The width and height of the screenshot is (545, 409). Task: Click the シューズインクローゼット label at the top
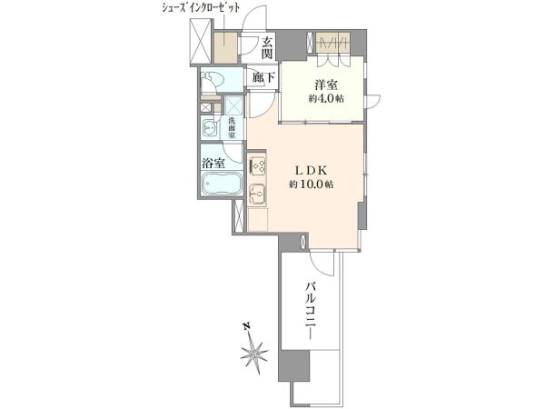(201, 8)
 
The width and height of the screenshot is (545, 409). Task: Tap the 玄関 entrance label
(266, 48)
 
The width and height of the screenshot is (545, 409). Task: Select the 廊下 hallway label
(264, 78)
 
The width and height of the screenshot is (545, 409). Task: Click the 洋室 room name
(326, 85)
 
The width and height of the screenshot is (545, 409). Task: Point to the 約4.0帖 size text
(326, 99)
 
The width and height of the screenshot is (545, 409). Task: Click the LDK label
(312, 170)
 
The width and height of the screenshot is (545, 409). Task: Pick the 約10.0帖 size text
(312, 185)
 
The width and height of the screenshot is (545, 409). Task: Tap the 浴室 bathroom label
(213, 164)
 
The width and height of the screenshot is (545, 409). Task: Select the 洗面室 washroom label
(232, 128)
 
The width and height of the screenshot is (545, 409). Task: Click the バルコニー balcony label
(311, 311)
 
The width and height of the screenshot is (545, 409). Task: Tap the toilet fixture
(214, 81)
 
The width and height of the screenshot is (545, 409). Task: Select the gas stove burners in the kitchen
(257, 165)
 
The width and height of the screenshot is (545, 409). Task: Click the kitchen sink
(257, 193)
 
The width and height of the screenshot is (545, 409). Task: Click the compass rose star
(254, 353)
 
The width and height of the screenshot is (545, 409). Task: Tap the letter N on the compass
(246, 326)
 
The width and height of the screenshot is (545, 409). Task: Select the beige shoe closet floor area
(225, 47)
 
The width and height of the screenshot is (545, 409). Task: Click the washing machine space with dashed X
(234, 105)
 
